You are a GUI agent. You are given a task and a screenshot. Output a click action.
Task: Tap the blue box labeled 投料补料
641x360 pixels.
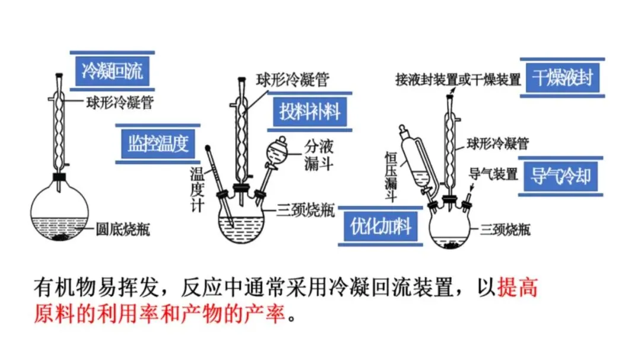point(310,112)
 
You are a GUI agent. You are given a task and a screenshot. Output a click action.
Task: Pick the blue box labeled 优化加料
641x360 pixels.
point(380,227)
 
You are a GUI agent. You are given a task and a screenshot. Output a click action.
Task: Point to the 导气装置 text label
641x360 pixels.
point(493,174)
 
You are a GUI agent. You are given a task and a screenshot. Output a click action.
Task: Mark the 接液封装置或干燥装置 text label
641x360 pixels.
point(458,79)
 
